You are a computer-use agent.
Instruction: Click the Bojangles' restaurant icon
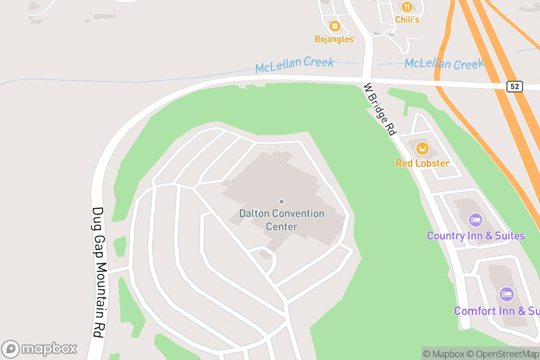[334, 26]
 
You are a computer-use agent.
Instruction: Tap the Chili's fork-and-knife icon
[407, 7]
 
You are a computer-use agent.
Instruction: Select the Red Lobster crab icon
[422, 148]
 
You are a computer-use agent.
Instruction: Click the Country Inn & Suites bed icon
[476, 220]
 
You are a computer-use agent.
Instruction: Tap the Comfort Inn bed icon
[507, 295]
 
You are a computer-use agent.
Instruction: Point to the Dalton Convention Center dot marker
[282, 202]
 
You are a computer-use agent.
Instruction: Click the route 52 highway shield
[514, 86]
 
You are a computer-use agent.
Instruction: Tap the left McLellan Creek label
[294, 64]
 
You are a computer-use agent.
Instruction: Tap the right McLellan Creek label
[444, 63]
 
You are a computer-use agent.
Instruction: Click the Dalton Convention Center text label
[282, 220]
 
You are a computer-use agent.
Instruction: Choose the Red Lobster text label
[422, 163]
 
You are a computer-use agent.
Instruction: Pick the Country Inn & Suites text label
[476, 236]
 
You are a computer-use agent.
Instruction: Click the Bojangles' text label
[335, 40]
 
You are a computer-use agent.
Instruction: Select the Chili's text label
[407, 19]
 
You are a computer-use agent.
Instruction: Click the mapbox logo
[39, 349]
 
